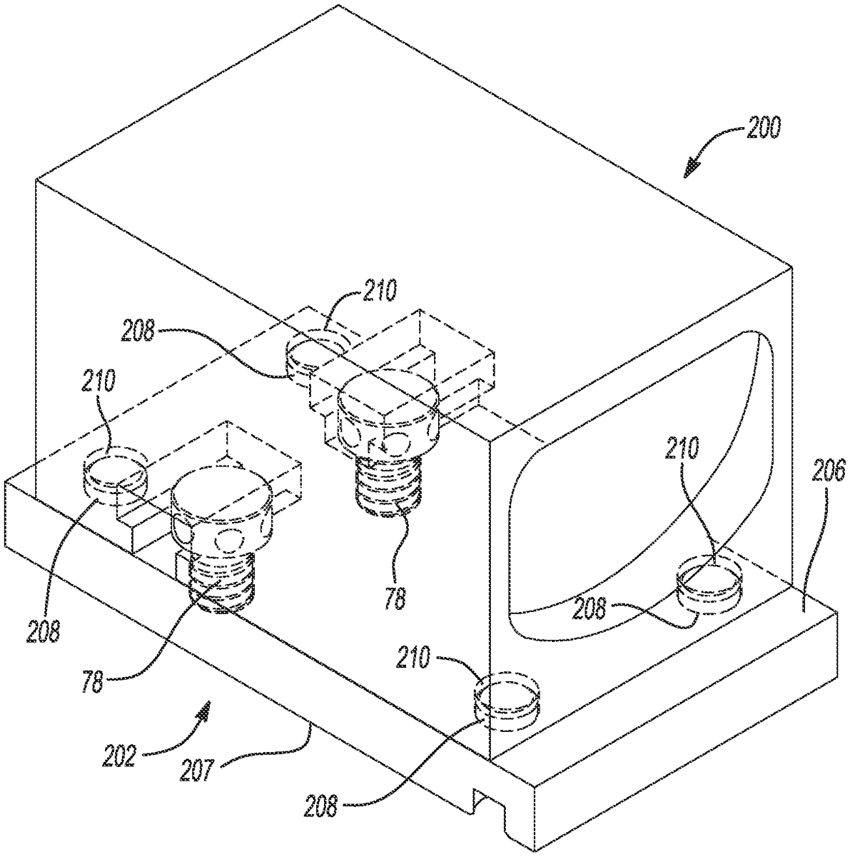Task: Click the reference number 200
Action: coord(763,127)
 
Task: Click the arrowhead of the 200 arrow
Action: coord(692,169)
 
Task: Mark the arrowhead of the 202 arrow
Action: coord(203,709)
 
